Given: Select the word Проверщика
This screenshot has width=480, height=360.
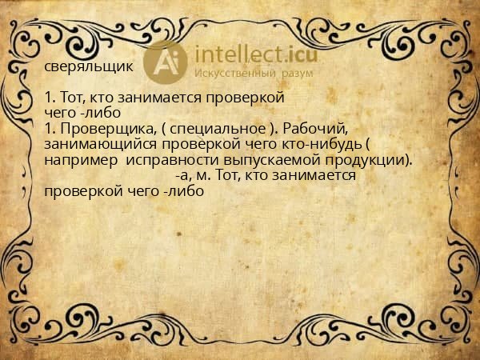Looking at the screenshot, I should coord(102,129).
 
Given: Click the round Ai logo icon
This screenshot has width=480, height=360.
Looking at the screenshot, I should coord(166,62).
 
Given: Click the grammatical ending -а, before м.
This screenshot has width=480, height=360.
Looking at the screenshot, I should coord(181,175).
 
